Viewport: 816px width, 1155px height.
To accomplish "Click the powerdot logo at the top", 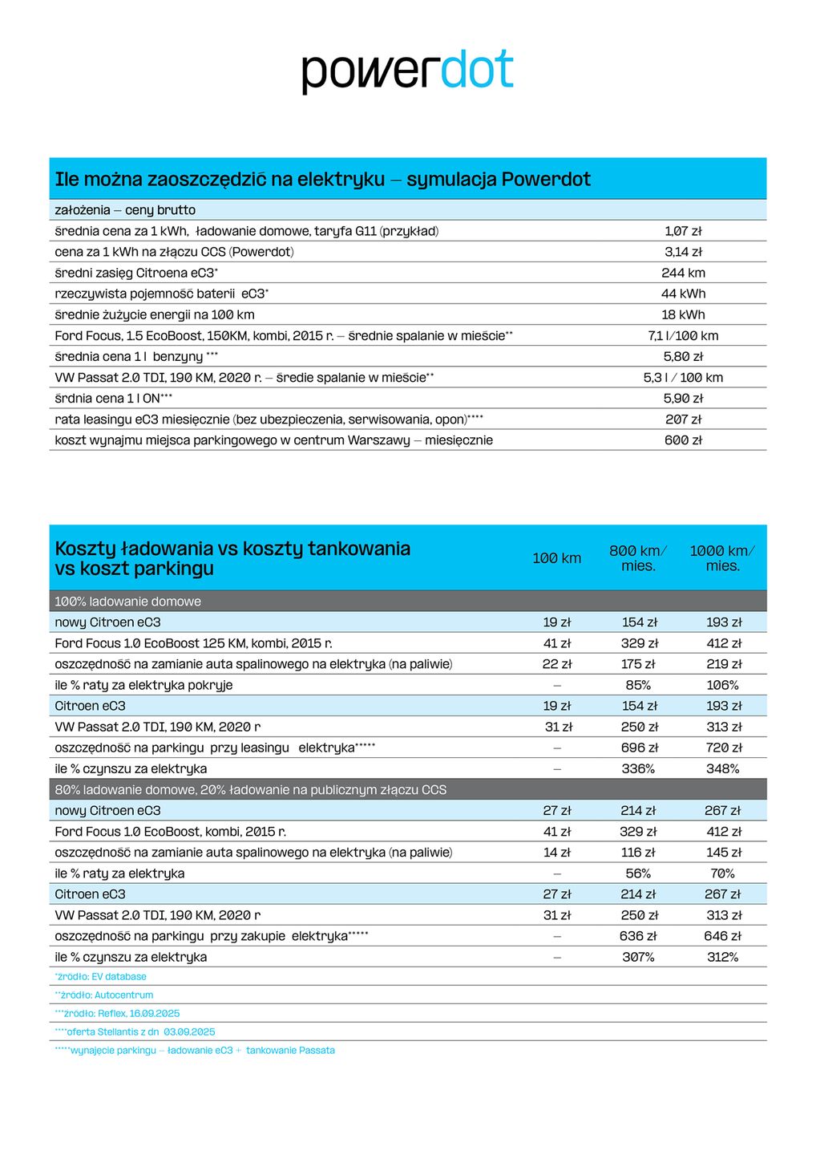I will point(407,71).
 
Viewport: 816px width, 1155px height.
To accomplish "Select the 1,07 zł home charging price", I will point(683,231).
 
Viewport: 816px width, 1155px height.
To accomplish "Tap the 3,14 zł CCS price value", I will point(683,252).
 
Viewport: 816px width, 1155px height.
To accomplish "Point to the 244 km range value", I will point(683,273).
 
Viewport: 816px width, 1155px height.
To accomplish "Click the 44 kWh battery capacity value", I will point(683,294).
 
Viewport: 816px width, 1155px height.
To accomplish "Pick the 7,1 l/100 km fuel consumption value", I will point(683,335).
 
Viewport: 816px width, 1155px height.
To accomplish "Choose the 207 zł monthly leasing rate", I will point(683,419).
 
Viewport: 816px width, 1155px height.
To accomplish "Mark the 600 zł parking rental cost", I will point(683,440).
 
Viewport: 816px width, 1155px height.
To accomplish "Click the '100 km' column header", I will point(556,558).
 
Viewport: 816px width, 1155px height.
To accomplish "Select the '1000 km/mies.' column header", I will point(722,558).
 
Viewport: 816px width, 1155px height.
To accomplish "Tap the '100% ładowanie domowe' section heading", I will point(127,602).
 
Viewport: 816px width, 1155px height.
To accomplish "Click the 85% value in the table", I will point(638,685).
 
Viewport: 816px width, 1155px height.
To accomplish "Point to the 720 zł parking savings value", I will point(722,748).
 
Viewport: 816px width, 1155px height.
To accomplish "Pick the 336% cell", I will point(638,768).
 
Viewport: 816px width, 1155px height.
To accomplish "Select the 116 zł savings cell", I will point(638,853).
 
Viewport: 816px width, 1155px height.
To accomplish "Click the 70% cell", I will point(722,873).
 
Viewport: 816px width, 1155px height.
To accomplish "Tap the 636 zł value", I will point(638,936).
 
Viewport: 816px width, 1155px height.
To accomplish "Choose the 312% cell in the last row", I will point(722,957).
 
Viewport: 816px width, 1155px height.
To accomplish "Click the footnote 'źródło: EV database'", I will point(101,977).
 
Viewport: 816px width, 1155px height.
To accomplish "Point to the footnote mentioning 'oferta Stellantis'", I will point(135,1032).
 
